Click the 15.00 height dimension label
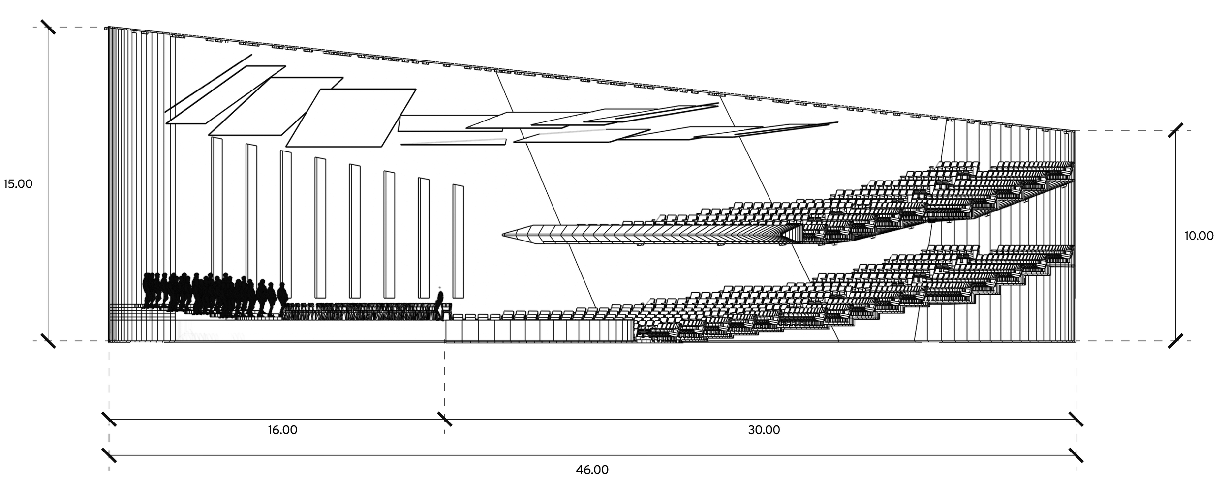click(x=18, y=184)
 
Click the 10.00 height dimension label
click(x=1199, y=236)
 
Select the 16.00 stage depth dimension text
click(x=282, y=430)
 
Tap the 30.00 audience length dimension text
click(x=764, y=430)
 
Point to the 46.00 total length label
click(x=592, y=469)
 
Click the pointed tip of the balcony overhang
click(x=503, y=235)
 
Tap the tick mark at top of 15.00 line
click(x=48, y=27)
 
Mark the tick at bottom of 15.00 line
click(x=48, y=340)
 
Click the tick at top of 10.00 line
click(x=1176, y=130)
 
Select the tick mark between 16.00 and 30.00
click(x=445, y=419)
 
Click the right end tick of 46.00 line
click(x=1076, y=455)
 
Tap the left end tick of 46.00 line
click(x=109, y=455)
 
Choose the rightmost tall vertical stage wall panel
click(x=459, y=241)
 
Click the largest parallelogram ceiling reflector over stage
click(x=351, y=118)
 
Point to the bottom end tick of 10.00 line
click(x=1176, y=340)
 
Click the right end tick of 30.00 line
click(x=1076, y=419)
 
